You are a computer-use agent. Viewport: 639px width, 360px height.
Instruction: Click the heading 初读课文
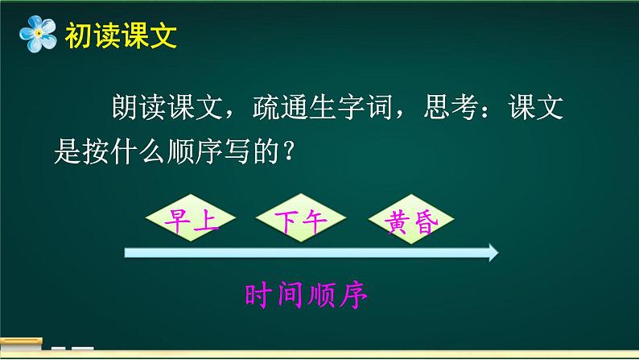[119, 35]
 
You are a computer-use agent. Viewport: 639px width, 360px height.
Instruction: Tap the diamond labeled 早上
[191, 219]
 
